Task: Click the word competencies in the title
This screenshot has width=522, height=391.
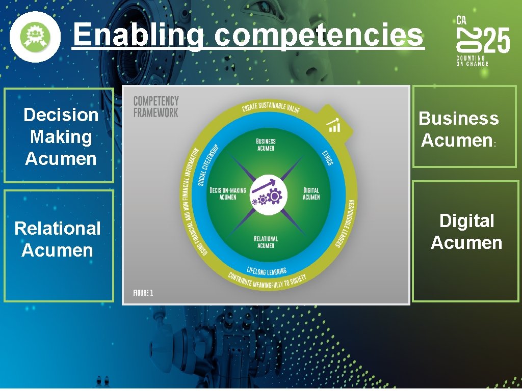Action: tap(319, 36)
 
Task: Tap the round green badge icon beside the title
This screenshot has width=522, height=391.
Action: tap(35, 37)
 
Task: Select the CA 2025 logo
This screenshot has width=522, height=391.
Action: tap(482, 41)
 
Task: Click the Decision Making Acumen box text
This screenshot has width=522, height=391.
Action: tap(61, 136)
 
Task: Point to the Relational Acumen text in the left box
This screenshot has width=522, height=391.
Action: tap(58, 239)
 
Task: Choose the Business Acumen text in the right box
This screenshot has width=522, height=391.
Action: tap(458, 129)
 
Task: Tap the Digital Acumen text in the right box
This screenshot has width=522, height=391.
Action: tap(466, 232)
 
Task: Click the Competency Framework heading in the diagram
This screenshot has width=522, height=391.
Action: tap(156, 107)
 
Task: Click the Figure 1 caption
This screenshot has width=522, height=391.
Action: tap(143, 293)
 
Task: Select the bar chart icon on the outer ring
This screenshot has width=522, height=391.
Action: tap(334, 125)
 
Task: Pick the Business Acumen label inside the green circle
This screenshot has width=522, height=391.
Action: tap(266, 145)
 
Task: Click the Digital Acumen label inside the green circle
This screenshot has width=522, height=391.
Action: tap(311, 194)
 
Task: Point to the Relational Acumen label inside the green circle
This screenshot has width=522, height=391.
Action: tap(266, 242)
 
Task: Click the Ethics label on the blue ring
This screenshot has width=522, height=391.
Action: tap(327, 156)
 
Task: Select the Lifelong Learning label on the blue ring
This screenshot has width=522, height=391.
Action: tap(267, 270)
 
